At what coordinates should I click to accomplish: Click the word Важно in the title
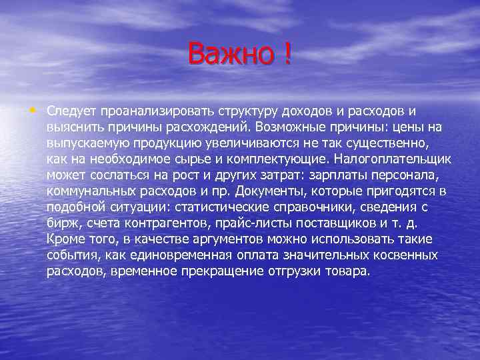[229, 53]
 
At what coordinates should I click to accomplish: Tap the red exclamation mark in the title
[287, 53]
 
